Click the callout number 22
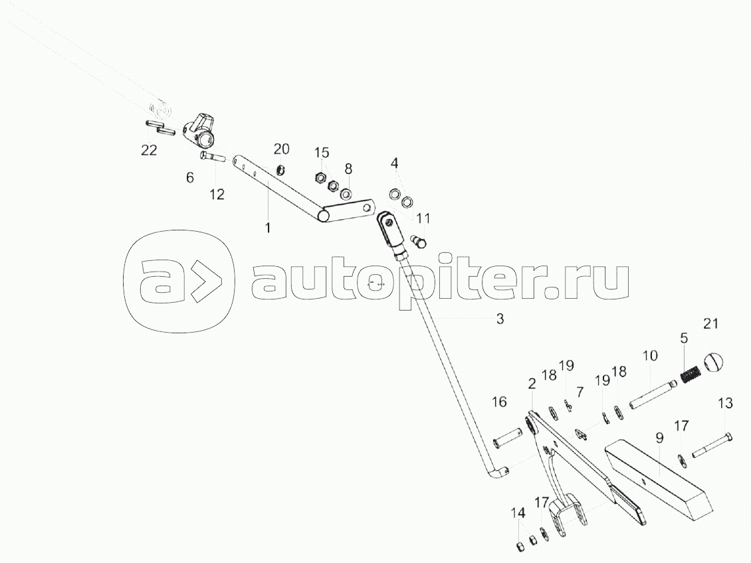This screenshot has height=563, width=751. pyautogui.click(x=148, y=151)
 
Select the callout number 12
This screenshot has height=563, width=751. pyautogui.click(x=217, y=195)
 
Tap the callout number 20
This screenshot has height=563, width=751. pyautogui.click(x=282, y=147)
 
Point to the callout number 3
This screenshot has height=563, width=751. pyautogui.click(x=500, y=319)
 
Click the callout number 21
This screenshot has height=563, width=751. pyautogui.click(x=710, y=323)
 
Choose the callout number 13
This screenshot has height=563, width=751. pyautogui.click(x=725, y=403)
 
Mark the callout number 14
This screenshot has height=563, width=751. pyautogui.click(x=518, y=513)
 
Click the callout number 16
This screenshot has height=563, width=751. pyautogui.click(x=499, y=402)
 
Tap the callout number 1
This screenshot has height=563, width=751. pyautogui.click(x=268, y=228)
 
